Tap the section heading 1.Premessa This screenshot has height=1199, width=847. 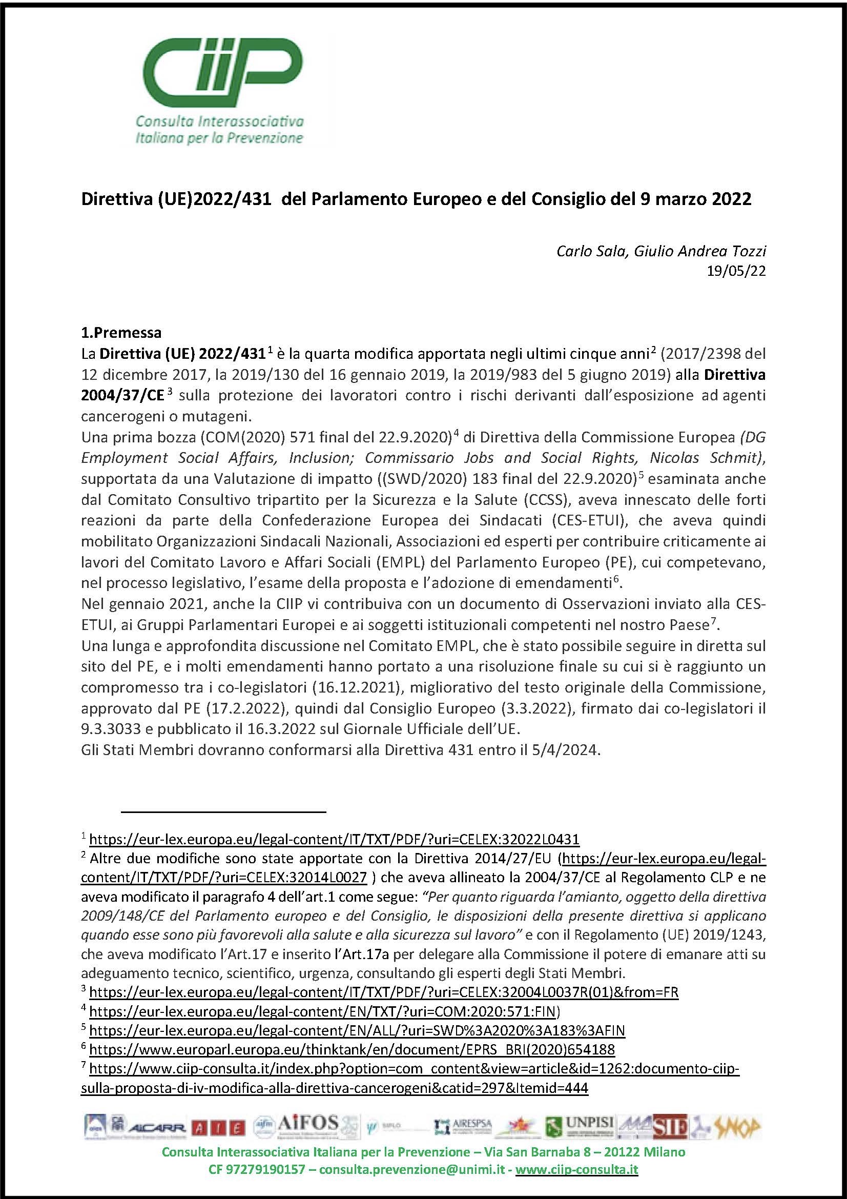click(121, 333)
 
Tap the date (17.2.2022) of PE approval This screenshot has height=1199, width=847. click(233, 708)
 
